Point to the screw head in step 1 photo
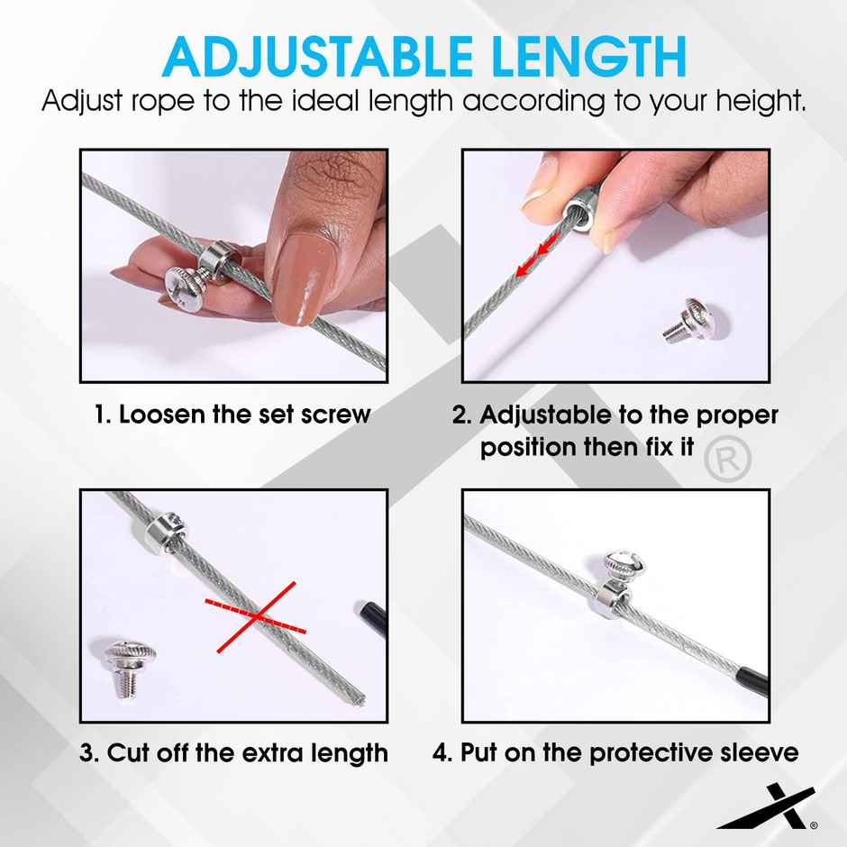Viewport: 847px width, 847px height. point(185,288)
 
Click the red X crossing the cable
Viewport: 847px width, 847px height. point(256,616)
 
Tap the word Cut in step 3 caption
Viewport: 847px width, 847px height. point(127,752)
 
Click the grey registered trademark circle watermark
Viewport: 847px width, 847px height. point(727,460)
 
